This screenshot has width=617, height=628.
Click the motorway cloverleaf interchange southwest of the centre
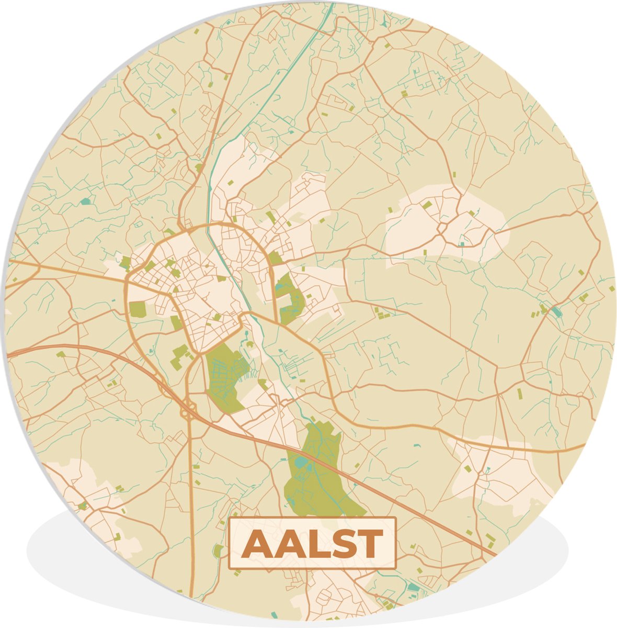[x=187, y=412]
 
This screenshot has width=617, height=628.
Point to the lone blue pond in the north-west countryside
[x=85, y=201]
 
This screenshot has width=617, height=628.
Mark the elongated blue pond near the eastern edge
[x=555, y=312]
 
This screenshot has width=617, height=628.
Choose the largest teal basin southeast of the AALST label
[x=413, y=588]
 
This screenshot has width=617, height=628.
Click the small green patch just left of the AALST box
[x=218, y=550]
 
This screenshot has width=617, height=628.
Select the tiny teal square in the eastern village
[x=461, y=244]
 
